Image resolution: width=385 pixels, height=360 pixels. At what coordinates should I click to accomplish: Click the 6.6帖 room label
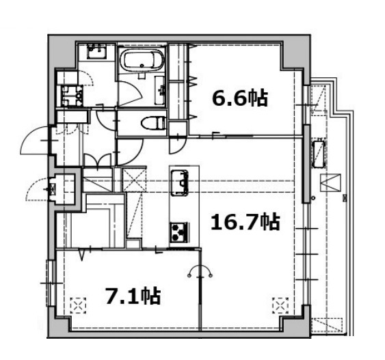point(239,98)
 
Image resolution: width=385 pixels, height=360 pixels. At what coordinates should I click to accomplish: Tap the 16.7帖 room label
point(245,222)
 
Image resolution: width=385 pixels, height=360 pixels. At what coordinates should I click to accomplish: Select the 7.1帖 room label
point(133,296)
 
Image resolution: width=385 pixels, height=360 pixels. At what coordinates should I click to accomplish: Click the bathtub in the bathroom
point(142,60)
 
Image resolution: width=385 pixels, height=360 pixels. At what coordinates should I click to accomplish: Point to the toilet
point(154,122)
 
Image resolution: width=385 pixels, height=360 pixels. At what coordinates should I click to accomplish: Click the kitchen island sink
point(180,183)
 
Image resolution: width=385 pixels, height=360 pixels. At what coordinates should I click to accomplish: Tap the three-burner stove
point(180,232)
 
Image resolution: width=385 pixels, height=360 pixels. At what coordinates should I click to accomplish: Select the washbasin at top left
point(96,51)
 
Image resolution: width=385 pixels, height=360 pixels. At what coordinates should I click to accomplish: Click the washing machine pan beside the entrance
point(72,96)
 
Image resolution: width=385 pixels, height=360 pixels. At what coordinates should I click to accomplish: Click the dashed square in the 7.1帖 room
point(78,305)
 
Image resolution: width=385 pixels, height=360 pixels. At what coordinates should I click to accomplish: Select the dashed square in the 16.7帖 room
point(280,305)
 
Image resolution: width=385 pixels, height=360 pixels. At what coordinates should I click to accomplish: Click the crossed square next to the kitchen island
point(134,180)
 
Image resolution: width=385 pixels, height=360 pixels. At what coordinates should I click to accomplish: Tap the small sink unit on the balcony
point(319,154)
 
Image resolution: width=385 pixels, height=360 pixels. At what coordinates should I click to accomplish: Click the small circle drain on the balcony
point(313,197)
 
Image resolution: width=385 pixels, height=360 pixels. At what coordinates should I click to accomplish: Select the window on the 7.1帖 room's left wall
point(51,283)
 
